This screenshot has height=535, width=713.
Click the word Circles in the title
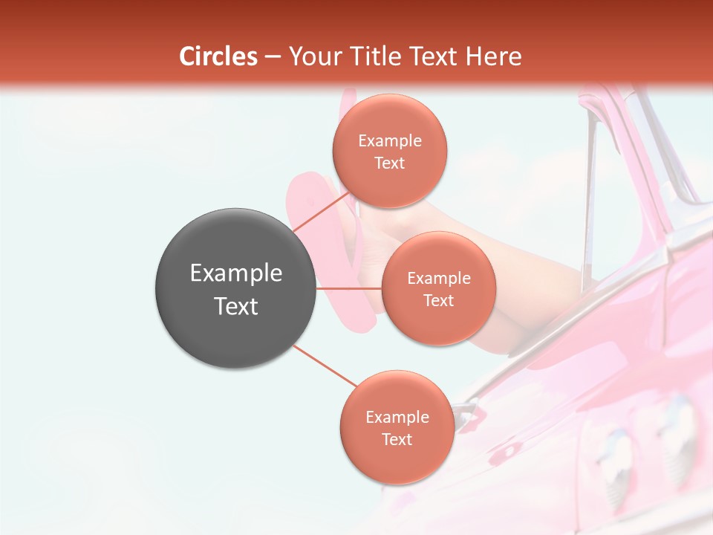(x=218, y=56)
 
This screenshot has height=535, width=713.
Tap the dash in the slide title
(x=273, y=57)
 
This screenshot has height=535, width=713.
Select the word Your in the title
(x=312, y=56)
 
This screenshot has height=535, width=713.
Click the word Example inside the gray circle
(x=236, y=273)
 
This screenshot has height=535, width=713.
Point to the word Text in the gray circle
(x=236, y=306)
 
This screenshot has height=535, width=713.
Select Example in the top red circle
(x=390, y=141)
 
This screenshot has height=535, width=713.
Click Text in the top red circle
(x=390, y=163)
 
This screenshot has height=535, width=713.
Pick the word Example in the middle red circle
(x=439, y=279)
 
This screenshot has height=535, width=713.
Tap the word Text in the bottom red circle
(x=397, y=440)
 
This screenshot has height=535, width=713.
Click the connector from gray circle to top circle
(x=322, y=212)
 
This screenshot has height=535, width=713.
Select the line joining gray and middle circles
(x=349, y=288)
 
